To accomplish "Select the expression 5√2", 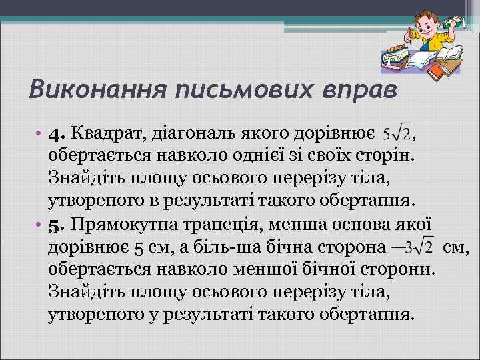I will (396, 136).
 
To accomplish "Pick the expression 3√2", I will (419, 248).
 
